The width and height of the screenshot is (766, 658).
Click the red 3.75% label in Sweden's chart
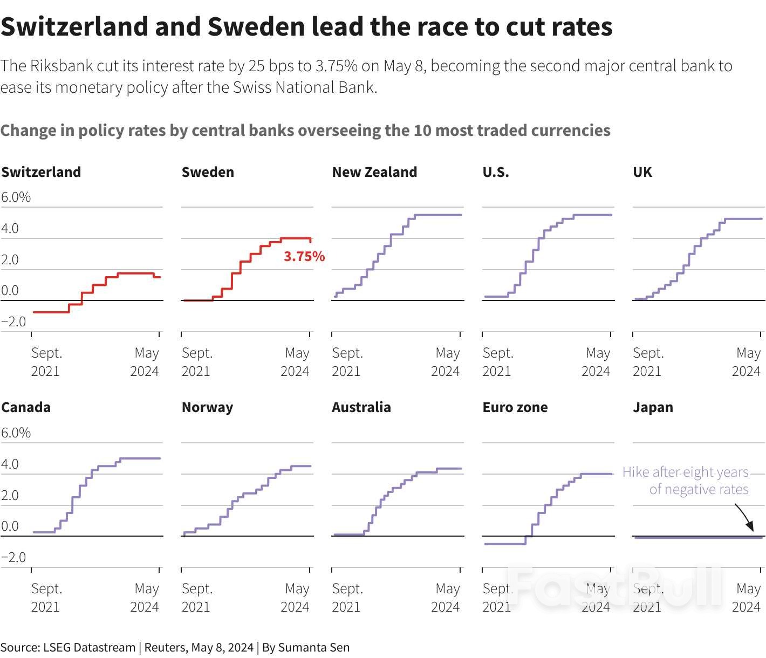point(304,256)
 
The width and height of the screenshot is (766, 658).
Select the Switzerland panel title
point(41,172)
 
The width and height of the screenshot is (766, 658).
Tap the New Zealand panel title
point(374,172)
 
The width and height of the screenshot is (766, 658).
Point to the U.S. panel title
point(495,172)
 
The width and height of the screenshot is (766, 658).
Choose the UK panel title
point(642,172)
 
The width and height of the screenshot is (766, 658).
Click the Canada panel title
point(26,407)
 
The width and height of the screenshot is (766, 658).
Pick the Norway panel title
point(207,407)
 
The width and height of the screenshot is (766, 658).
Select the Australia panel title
point(361,407)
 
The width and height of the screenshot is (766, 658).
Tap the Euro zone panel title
point(515,407)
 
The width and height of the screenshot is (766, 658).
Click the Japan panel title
point(653,407)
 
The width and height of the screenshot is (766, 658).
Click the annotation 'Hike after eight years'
point(685,472)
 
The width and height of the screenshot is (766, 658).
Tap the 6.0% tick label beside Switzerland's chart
point(16,197)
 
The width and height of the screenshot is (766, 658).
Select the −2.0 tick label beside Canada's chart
point(13,557)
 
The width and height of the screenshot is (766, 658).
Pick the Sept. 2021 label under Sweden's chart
point(197,362)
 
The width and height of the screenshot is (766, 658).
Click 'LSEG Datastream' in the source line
point(89,647)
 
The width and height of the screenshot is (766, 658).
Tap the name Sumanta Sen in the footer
point(313,647)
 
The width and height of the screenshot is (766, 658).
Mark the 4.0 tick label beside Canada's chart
point(10,464)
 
